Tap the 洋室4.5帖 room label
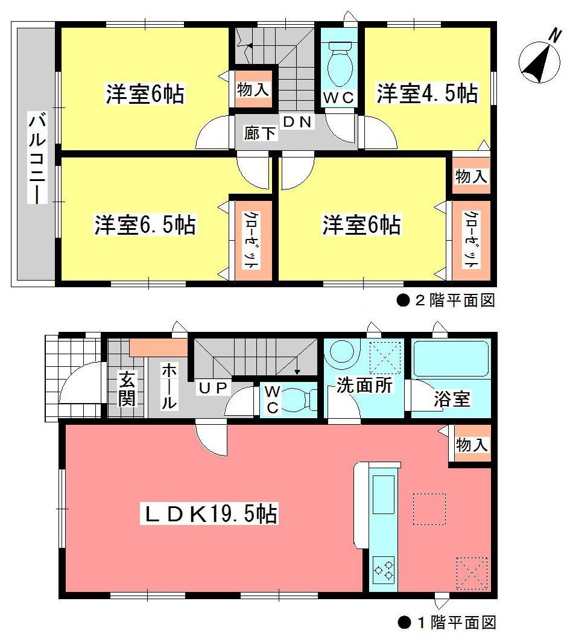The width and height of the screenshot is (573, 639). tap(428, 95)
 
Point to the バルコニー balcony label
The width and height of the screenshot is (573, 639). tap(35, 161)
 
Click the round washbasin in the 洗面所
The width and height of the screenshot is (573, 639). tap(341, 354)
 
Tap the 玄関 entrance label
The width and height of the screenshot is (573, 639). tap(127, 390)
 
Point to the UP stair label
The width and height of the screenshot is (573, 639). tap(212, 387)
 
